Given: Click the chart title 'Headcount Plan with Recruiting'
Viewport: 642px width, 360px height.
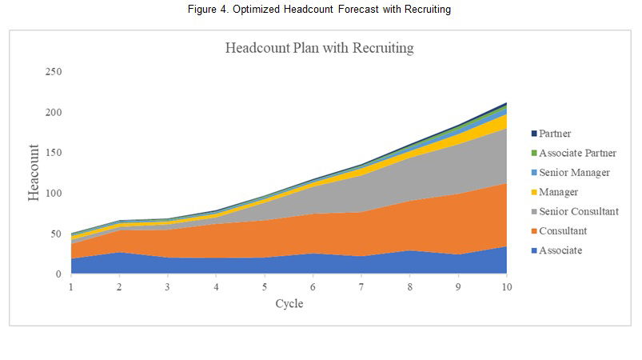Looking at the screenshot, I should pyautogui.click(x=319, y=48).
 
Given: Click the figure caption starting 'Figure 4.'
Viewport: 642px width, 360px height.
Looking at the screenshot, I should pyautogui.click(x=320, y=9).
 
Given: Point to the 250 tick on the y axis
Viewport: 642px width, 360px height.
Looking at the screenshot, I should pyautogui.click(x=54, y=72).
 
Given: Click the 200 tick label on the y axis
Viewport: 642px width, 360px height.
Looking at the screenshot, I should pyautogui.click(x=54, y=112).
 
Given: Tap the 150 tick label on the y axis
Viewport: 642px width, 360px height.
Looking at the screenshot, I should pyautogui.click(x=54, y=153).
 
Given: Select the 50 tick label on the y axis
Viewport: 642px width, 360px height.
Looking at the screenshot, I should pyautogui.click(x=56, y=234).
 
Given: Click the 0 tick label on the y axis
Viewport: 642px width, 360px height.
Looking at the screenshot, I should pyautogui.click(x=58, y=274).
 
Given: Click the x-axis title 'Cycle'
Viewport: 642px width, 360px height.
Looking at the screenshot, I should pyautogui.click(x=289, y=304).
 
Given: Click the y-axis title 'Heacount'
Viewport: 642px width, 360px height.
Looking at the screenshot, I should pyautogui.click(x=34, y=173).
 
